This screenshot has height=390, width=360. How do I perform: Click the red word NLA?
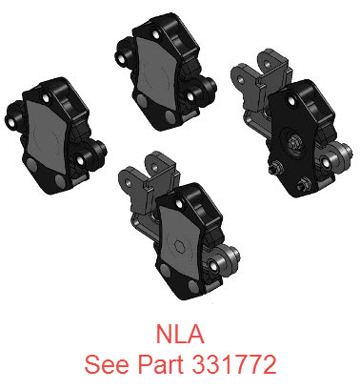tap(180, 334)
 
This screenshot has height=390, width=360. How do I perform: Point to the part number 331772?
tap(234, 364)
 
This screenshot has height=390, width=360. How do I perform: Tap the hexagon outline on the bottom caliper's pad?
tap(180, 245)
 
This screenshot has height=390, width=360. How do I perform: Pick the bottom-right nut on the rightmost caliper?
tap(301, 183)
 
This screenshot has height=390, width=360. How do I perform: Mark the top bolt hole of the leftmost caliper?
tap(45, 98)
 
